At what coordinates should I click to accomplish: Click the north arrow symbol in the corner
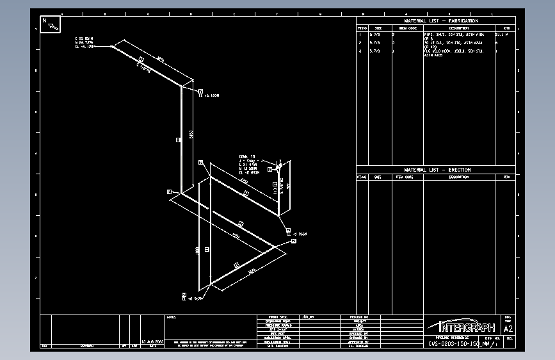[51, 24]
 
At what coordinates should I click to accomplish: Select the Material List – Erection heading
[437, 170]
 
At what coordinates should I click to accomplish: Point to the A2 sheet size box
[509, 329]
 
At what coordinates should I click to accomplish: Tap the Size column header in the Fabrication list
[378, 28]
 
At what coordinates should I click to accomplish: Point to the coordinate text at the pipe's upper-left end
[85, 42]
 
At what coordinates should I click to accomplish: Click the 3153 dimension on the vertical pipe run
[191, 135]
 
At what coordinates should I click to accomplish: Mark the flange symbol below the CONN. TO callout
[278, 167]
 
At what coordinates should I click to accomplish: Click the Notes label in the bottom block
[172, 317]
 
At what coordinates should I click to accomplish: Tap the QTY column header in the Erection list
[506, 177]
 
